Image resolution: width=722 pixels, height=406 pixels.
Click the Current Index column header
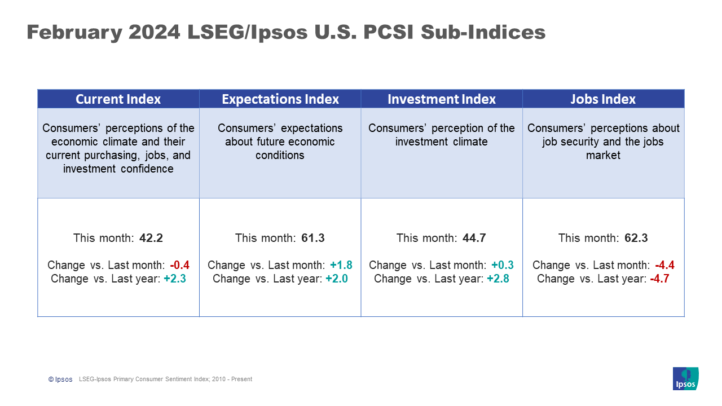point(118,99)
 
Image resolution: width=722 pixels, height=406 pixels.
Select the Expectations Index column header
point(280,99)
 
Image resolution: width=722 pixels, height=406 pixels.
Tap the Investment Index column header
point(442,99)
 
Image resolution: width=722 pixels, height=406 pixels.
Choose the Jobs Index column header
point(603,99)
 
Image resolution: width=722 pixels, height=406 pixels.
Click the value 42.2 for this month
point(151,238)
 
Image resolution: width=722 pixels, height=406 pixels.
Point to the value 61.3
point(313,238)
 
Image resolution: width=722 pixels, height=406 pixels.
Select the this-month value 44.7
point(474,238)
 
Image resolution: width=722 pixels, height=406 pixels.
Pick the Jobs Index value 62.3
point(636,238)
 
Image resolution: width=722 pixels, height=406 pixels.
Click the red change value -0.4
point(179,265)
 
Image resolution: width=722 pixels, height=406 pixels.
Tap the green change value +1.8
point(341,265)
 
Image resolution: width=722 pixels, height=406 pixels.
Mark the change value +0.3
point(503,265)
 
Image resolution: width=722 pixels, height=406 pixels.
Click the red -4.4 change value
point(664,265)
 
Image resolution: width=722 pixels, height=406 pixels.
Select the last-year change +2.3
point(175,279)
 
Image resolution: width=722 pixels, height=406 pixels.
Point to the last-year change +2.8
point(498,279)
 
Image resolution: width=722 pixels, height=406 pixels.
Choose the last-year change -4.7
point(659,279)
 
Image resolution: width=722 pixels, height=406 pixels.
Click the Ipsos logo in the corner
point(685,378)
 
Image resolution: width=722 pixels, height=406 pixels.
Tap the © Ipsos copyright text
point(60,379)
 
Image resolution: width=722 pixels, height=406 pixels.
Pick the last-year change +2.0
point(337,279)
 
